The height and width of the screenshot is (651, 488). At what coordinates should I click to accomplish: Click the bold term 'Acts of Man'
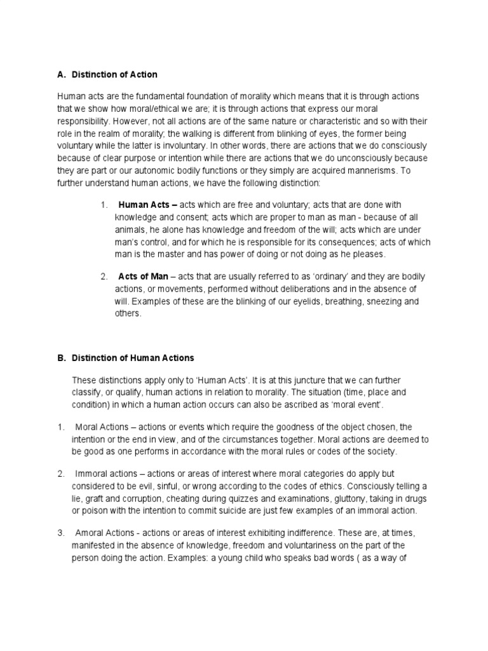coord(143,277)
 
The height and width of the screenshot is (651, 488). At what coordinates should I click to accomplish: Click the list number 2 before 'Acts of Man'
coord(104,277)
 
